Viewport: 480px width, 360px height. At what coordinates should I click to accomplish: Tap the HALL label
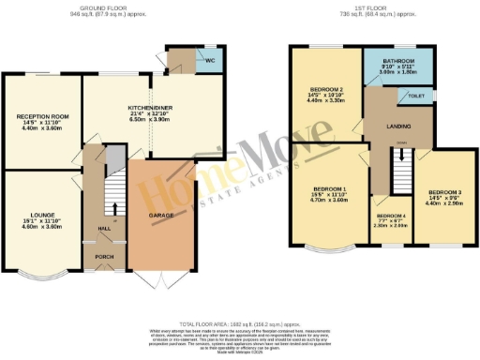click(105, 226)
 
